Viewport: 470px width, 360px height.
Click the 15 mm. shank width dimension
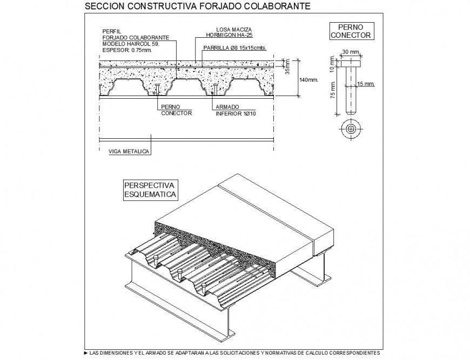point(366,84)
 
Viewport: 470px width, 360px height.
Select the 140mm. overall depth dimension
point(309,79)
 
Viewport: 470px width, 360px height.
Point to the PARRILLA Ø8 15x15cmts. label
point(234,47)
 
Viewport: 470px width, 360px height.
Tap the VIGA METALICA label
point(129,152)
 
